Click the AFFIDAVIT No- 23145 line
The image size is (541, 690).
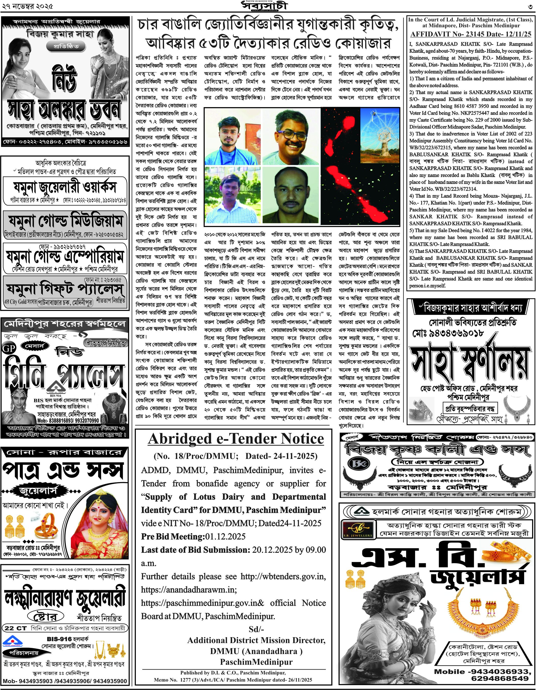(x=471, y=34)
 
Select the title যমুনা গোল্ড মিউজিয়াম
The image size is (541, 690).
(x=65, y=221)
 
